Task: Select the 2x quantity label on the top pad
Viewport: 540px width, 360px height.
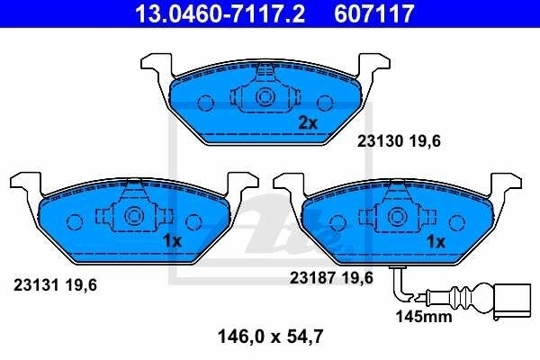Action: [x=309, y=123]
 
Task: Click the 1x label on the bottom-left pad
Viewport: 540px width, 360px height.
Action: [x=173, y=241]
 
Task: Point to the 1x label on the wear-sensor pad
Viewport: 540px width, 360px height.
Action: [x=436, y=241]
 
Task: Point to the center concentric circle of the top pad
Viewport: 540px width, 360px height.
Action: [x=265, y=98]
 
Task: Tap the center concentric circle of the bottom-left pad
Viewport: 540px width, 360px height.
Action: [x=134, y=216]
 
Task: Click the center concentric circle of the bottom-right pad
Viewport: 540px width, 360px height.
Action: [x=397, y=216]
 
